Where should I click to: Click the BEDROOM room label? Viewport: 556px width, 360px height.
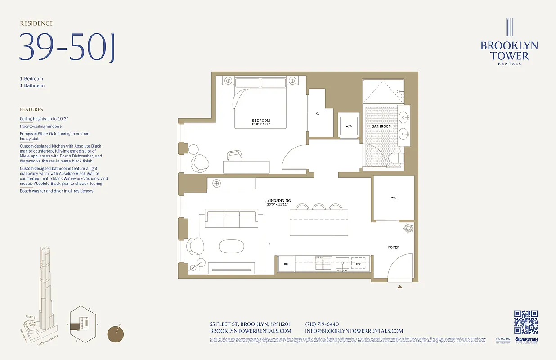[261, 121]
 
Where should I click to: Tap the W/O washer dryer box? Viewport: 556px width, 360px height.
[349, 126]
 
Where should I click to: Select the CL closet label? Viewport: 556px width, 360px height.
[318, 114]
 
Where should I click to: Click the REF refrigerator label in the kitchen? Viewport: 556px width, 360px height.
[286, 264]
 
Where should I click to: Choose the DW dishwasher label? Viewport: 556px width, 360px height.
[358, 264]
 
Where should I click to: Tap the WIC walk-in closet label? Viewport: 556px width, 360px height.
[394, 198]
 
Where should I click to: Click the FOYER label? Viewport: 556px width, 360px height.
[394, 247]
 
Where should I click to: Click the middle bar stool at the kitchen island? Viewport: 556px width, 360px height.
[319, 207]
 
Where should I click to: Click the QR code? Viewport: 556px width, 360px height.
[526, 322]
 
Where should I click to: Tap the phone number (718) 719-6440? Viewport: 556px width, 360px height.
[322, 324]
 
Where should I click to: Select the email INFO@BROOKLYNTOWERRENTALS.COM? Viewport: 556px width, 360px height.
[354, 331]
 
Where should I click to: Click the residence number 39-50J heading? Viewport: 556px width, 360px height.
[67, 47]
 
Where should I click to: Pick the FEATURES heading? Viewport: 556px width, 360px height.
[31, 109]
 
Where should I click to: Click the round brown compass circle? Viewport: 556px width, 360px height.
[116, 334]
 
